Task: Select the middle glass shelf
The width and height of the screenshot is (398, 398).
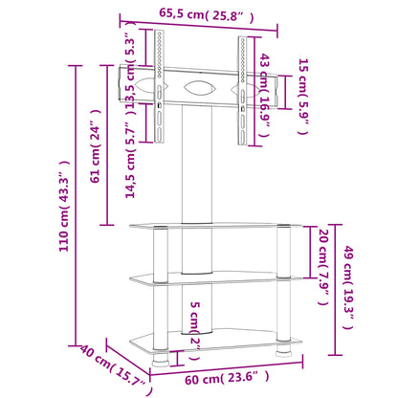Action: pyautogui.click(x=215, y=277)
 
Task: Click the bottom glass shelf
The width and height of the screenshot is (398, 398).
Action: pyautogui.click(x=215, y=341)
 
